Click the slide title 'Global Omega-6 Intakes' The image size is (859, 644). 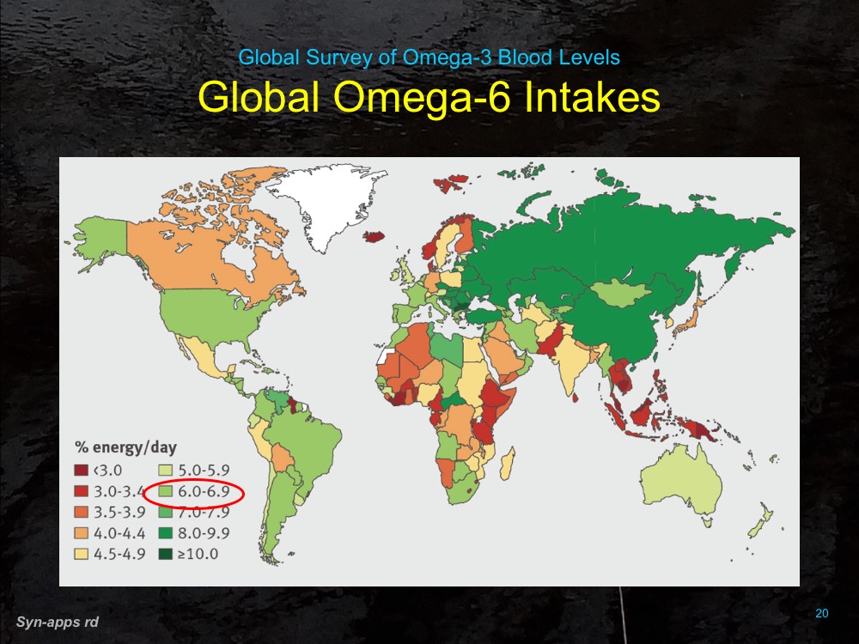click(x=429, y=97)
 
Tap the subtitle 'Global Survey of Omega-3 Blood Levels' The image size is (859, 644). click(x=429, y=58)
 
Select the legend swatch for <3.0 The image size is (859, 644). click(x=80, y=471)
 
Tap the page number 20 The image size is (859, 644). click(x=821, y=613)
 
